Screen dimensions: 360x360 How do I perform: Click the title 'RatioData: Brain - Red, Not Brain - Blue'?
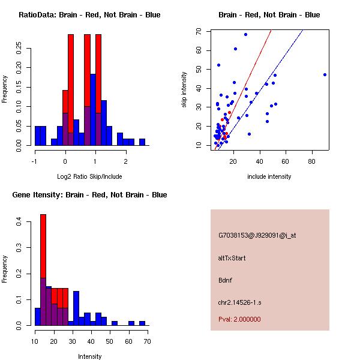click(x=89, y=15)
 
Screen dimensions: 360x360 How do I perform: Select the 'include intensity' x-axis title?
click(x=269, y=176)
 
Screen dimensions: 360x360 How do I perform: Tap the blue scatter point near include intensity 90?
click(x=325, y=74)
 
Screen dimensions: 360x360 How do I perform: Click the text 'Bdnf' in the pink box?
click(x=226, y=280)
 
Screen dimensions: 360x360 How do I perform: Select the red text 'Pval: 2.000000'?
click(x=239, y=319)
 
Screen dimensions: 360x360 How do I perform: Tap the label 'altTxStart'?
click(x=232, y=258)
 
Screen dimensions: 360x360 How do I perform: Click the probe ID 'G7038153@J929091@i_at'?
click(x=257, y=235)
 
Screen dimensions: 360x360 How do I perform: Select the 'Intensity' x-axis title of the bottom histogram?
click(x=90, y=356)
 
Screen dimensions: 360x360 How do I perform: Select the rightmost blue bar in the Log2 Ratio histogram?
click(x=142, y=142)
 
